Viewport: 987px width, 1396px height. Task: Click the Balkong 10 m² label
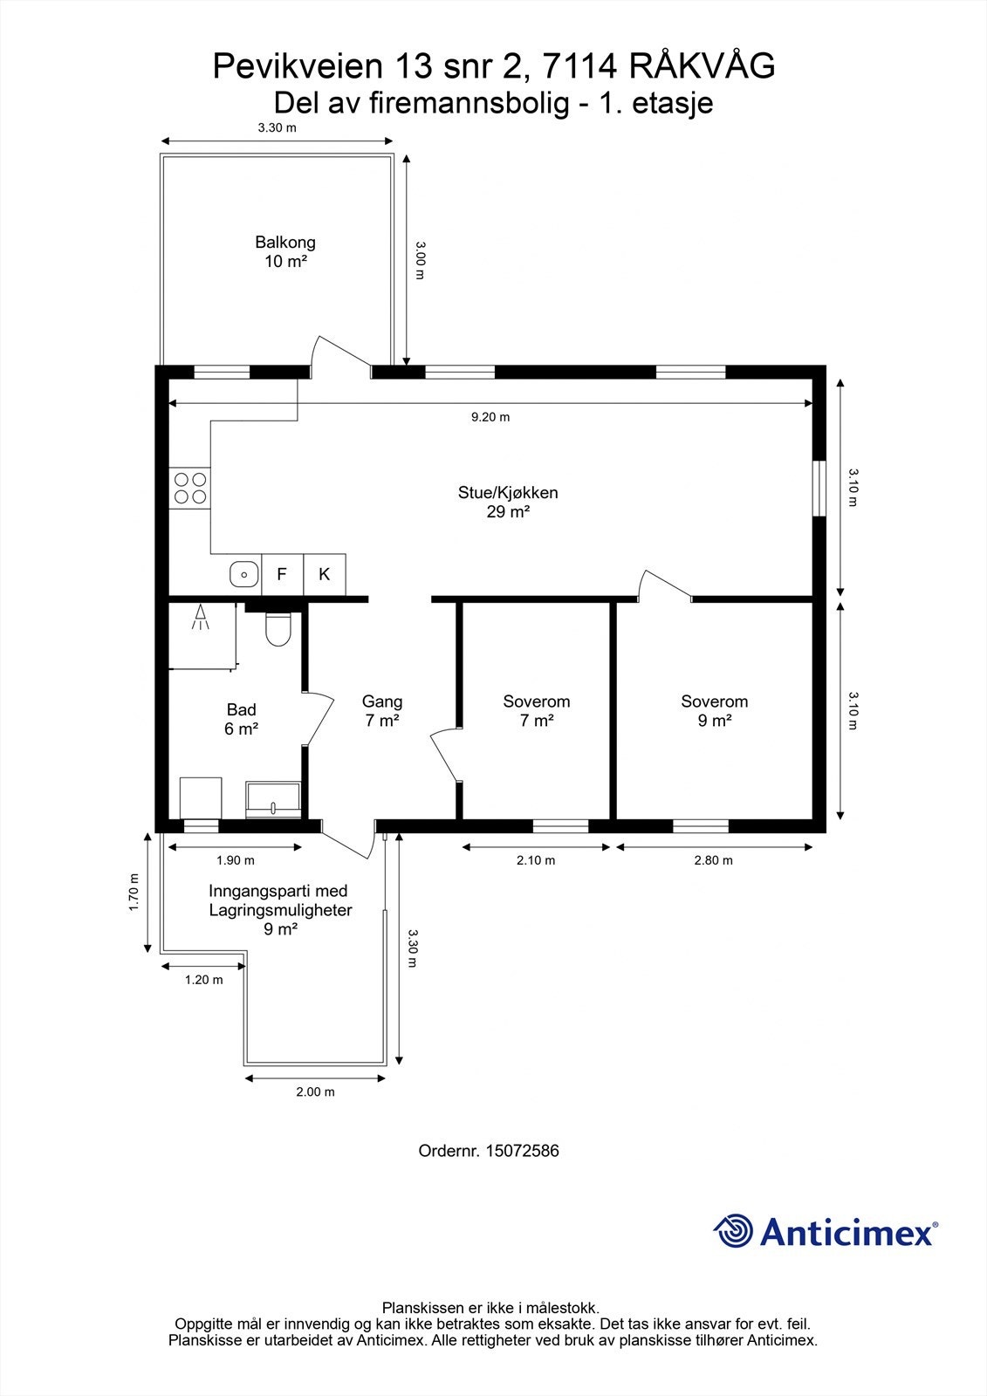(x=285, y=252)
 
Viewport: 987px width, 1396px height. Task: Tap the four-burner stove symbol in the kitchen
(x=190, y=488)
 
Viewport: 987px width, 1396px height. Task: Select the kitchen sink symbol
(x=244, y=574)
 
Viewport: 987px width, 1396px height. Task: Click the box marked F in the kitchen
(x=282, y=574)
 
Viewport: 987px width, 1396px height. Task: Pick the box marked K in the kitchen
(x=325, y=574)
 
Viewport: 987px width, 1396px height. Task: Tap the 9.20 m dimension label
(x=490, y=417)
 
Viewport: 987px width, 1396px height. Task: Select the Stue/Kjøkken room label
(x=508, y=502)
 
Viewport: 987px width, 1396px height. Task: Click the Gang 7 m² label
(x=382, y=710)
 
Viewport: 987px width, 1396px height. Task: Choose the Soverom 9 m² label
(x=714, y=710)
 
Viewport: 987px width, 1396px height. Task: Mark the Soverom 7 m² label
(x=536, y=710)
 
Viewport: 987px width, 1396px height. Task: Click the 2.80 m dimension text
(x=713, y=860)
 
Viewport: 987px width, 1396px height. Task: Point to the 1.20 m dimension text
(x=203, y=980)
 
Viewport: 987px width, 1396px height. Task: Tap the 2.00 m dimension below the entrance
(x=315, y=1091)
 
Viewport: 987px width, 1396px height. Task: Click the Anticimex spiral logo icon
(x=733, y=1231)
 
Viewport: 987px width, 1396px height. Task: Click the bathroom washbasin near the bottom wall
(x=273, y=799)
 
